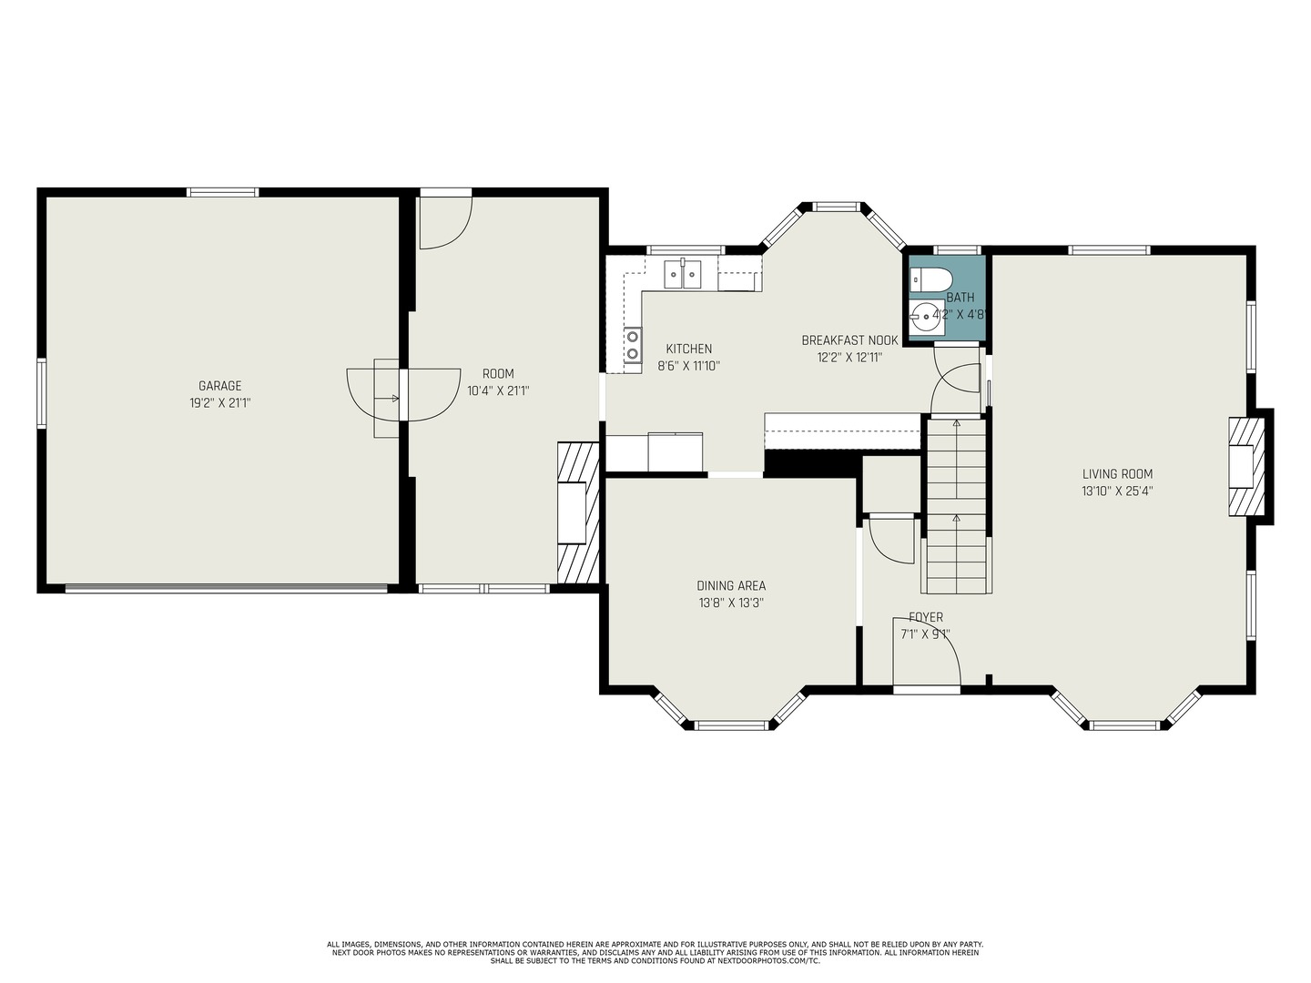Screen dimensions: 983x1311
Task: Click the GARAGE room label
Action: tap(220, 386)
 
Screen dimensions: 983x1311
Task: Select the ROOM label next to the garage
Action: tap(498, 374)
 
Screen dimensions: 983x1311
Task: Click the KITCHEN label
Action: tap(689, 350)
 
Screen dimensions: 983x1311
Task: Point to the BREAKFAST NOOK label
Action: tap(849, 340)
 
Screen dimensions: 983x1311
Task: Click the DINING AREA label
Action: tap(731, 586)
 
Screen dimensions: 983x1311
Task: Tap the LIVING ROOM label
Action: tap(1117, 474)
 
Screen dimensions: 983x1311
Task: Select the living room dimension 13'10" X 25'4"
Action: tap(1117, 491)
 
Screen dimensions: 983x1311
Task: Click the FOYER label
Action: tap(926, 618)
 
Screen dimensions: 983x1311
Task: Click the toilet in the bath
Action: tap(930, 279)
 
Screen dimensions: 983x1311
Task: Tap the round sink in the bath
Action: tap(927, 318)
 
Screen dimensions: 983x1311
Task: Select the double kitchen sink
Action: tap(682, 273)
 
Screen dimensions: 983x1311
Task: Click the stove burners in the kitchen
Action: tap(632, 347)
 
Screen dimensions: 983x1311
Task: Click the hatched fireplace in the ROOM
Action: tap(577, 512)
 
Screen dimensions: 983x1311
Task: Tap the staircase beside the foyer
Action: tap(956, 505)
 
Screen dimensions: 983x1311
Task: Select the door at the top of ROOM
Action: tap(444, 220)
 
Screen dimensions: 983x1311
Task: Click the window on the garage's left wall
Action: tap(42, 393)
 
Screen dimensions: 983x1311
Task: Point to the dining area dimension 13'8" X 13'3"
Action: tap(731, 603)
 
